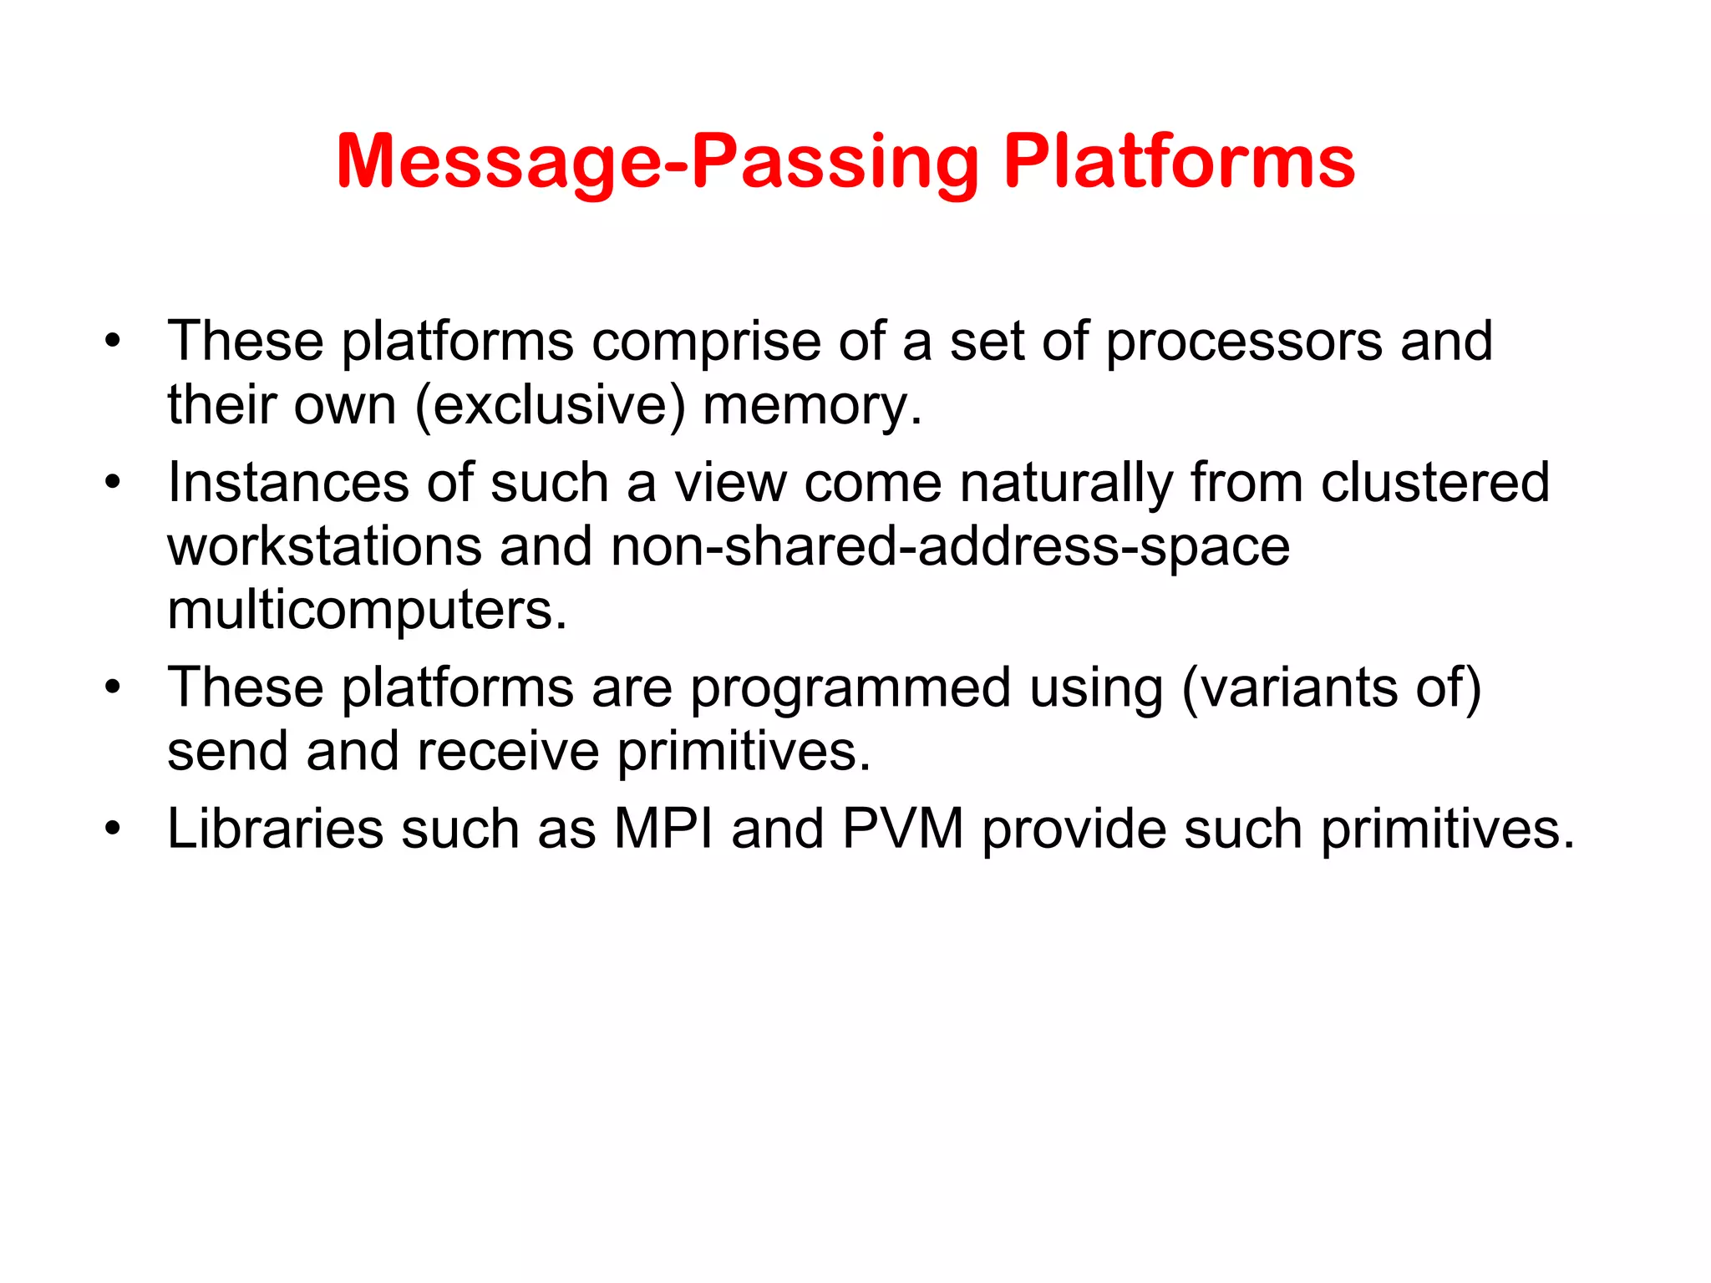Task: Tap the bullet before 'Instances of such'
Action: click(113, 483)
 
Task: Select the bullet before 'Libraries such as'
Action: click(113, 829)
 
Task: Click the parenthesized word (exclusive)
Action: click(550, 406)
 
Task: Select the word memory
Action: click(811, 406)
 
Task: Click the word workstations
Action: click(325, 547)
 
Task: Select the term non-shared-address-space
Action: click(950, 547)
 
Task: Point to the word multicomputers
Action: click(367, 611)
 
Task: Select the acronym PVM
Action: click(902, 829)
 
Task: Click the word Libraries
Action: click(275, 829)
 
